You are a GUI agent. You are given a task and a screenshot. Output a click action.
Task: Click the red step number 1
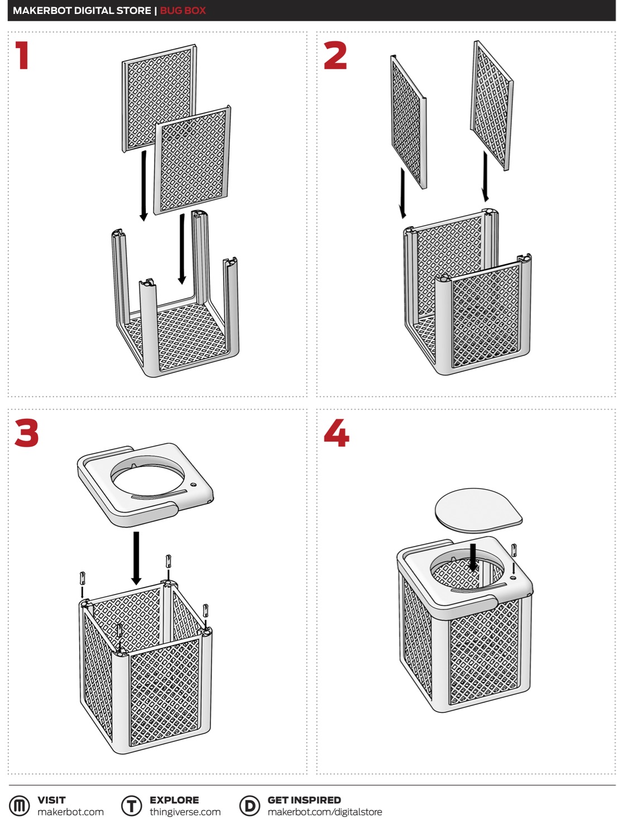(x=22, y=55)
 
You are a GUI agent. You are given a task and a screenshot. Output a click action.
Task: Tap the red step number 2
(x=335, y=55)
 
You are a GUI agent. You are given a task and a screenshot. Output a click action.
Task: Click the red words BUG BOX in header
(x=183, y=11)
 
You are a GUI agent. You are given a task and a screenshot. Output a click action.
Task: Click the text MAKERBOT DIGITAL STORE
(x=82, y=11)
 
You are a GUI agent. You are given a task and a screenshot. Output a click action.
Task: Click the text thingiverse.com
(x=185, y=812)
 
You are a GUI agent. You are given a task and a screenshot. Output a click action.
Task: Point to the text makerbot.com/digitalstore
(x=324, y=812)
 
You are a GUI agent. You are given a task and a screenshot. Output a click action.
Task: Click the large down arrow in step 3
(x=136, y=558)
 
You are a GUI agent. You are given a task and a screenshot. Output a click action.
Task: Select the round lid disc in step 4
(x=478, y=510)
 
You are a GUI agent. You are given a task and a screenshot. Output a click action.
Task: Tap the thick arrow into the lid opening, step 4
(x=473, y=557)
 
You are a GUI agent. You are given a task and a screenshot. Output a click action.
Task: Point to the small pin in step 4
(x=514, y=550)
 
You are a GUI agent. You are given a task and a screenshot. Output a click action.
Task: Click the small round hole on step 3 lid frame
(x=193, y=485)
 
